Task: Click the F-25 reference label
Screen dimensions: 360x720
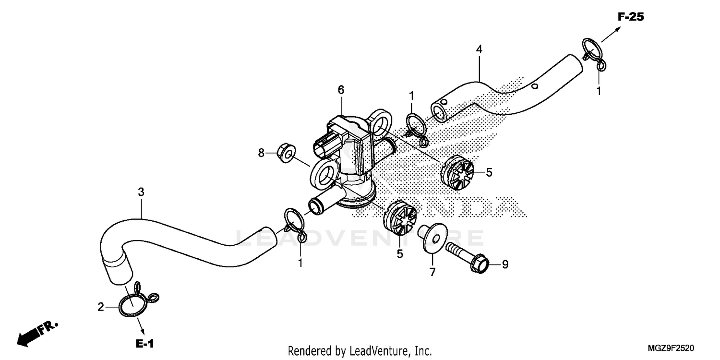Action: click(x=630, y=17)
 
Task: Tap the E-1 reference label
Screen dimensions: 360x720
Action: click(x=144, y=344)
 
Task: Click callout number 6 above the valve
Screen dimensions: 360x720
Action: click(x=341, y=90)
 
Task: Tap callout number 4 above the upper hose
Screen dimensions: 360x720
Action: click(x=479, y=49)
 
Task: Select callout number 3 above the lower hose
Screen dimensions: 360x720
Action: click(x=141, y=192)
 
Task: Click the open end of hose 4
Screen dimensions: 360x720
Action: click(x=439, y=111)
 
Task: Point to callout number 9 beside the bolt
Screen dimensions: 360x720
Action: click(x=505, y=264)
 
